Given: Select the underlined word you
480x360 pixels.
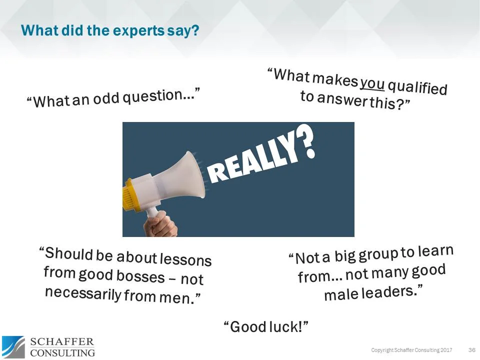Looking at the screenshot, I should (372, 82).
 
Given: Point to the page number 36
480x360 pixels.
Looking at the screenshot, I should (471, 349).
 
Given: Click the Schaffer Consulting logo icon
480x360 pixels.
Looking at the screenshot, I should (13, 346).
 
